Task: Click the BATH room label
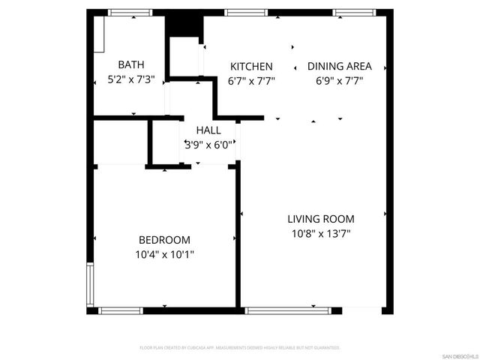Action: point(131,65)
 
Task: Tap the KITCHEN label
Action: point(251,66)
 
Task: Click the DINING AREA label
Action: point(339,66)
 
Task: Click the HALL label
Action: point(208,130)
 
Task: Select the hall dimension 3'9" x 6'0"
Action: point(208,145)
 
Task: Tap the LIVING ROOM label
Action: point(321,219)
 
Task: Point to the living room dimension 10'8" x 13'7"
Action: point(321,233)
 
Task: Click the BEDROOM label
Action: point(164,240)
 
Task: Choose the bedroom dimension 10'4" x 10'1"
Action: point(164,254)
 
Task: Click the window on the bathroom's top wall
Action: point(131,13)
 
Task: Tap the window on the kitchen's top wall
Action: point(241,13)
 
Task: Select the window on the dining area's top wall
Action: point(350,13)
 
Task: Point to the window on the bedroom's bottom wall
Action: point(121,310)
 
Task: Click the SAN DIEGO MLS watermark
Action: point(459,355)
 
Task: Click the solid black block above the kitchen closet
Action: point(184,23)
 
